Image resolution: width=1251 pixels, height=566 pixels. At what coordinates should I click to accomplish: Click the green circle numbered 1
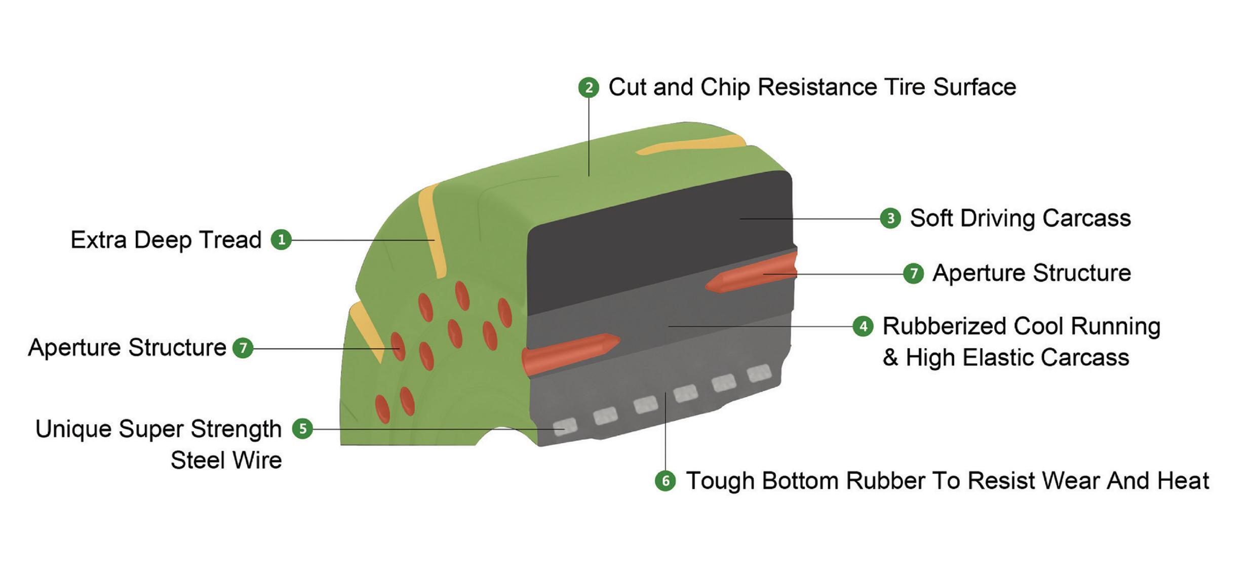tap(282, 240)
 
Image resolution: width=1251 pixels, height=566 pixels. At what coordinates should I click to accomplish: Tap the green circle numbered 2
tap(589, 88)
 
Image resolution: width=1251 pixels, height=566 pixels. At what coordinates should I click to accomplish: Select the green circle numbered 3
tap(890, 218)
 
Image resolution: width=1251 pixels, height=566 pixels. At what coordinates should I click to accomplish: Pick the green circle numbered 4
tap(863, 326)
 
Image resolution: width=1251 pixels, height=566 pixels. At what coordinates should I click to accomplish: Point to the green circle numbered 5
tap(302, 429)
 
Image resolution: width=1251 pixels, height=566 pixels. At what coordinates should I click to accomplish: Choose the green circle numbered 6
tap(665, 481)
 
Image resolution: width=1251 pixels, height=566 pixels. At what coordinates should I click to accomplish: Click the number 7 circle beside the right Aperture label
tap(913, 274)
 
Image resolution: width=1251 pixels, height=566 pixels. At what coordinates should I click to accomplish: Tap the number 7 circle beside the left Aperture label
tap(243, 348)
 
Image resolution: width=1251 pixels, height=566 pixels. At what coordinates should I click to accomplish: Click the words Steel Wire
tap(226, 461)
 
